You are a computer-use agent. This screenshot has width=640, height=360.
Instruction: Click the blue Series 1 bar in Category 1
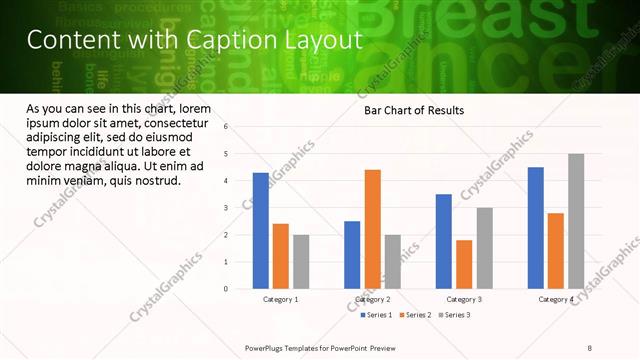261,231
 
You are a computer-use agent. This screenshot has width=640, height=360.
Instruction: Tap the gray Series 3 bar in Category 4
576,221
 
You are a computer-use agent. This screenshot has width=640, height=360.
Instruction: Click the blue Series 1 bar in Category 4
536,228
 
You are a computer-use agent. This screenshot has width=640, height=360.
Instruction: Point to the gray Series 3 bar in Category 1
301,262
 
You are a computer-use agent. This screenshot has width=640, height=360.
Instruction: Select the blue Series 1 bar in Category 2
352,255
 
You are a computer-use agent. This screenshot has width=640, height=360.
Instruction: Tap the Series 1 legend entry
376,315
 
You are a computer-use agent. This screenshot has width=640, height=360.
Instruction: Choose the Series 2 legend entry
415,315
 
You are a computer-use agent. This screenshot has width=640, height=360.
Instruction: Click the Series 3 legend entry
454,315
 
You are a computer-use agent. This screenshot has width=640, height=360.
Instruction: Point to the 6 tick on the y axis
227,127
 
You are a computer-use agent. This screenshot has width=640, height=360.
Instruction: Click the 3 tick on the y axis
227,208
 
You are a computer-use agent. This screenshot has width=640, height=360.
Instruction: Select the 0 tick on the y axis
227,289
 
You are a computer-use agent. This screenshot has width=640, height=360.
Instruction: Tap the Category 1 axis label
281,299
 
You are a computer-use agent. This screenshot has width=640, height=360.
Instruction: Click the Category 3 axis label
464,299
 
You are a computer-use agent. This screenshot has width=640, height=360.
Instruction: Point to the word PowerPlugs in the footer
267,348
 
